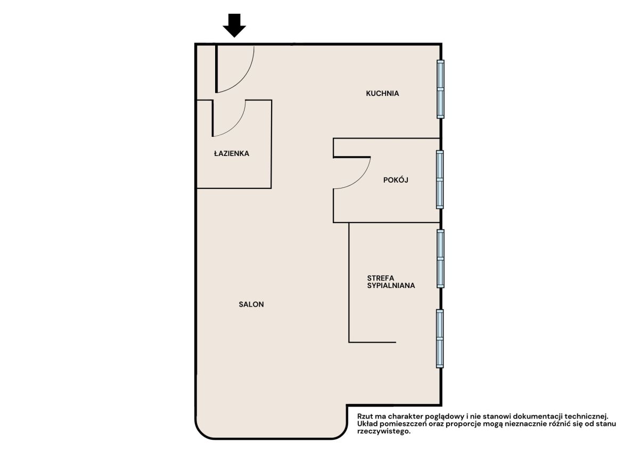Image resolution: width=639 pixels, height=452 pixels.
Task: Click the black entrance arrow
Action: click(234, 26)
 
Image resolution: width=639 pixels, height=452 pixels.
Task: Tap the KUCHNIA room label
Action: click(382, 93)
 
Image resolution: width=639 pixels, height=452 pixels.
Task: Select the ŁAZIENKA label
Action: click(232, 153)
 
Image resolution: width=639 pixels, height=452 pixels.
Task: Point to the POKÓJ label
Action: click(396, 179)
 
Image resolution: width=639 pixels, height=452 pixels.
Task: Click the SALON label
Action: click(251, 305)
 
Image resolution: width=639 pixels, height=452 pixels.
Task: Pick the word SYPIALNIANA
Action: click(391, 285)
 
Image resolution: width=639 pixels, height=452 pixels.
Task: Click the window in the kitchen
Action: click(441, 89)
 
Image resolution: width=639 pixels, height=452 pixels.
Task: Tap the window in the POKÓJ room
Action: click(440, 179)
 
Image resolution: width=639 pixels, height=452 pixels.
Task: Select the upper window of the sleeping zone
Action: click(441, 259)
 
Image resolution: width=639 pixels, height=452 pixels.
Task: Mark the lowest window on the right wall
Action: click(440, 339)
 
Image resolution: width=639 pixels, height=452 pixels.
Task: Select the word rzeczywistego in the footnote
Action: click(384, 431)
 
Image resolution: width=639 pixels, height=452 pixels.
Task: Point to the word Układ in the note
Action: click(366, 424)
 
